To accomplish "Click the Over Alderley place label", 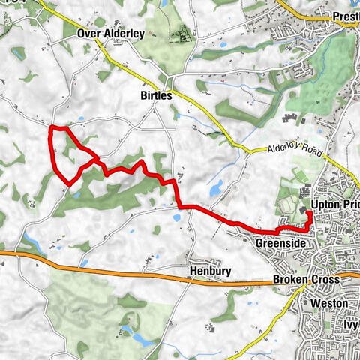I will [110, 34].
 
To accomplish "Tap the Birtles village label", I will [156, 96].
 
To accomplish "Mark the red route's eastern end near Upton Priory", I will [308, 214].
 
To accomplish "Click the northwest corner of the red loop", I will [50, 129].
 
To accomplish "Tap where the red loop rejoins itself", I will [95, 159].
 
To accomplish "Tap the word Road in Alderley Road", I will [310, 152].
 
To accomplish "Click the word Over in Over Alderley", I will [88, 34].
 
